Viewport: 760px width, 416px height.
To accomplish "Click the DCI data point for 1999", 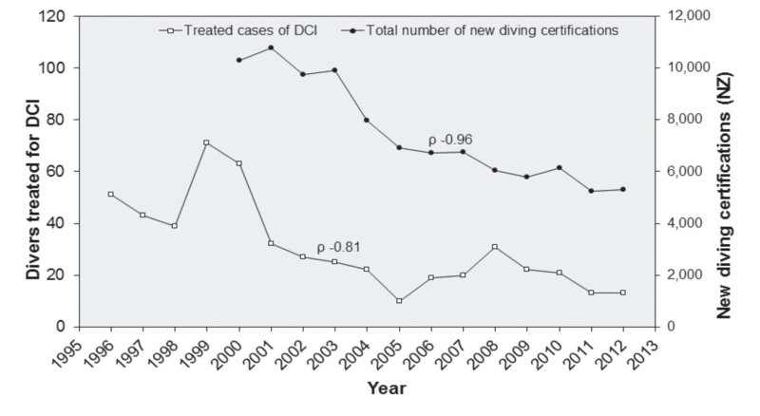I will tap(206, 143).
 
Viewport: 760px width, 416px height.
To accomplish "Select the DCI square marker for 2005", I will tap(399, 301).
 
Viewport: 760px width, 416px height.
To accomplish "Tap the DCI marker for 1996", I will tap(110, 195).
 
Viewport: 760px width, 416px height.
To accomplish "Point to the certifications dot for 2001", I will tap(271, 47).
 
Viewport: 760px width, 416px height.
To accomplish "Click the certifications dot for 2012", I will tap(624, 189).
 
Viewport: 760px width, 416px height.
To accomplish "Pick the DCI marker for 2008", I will tap(496, 247).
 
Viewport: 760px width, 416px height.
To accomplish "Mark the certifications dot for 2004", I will tap(367, 120).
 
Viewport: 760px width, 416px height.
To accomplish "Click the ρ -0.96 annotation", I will tap(450, 140).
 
